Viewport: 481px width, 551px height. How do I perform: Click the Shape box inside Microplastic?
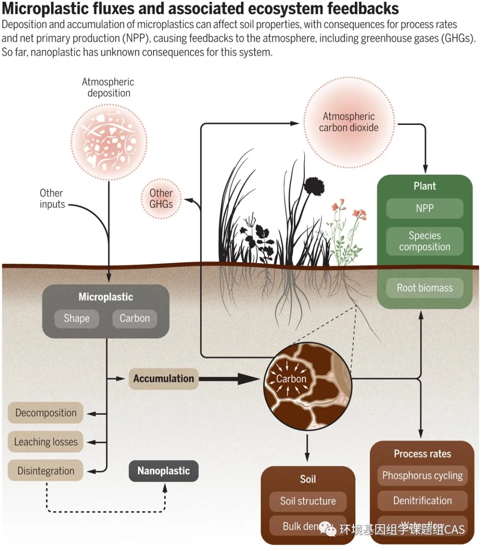77,318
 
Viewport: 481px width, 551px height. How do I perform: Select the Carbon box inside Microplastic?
135,318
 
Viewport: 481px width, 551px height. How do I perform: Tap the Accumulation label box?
163,378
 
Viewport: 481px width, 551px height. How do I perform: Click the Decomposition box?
46,413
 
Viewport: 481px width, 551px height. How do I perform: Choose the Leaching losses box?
46,442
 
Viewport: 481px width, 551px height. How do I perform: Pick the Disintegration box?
46,471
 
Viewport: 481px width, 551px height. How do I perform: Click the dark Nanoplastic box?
163,471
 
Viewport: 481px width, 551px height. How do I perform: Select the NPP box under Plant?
424,208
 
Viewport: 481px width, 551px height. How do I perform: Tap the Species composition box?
424,241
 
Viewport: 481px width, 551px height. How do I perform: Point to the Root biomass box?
424,288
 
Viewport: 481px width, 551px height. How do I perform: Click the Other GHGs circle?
161,199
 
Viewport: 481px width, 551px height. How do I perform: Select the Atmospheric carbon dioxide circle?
349,122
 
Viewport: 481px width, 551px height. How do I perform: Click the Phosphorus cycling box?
422,476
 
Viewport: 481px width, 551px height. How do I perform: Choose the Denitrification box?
422,501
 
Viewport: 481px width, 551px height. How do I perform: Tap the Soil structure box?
308,501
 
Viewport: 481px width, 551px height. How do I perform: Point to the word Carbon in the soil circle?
291,379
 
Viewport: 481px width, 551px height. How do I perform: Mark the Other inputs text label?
52,199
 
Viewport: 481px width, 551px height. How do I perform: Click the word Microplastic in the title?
45,8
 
